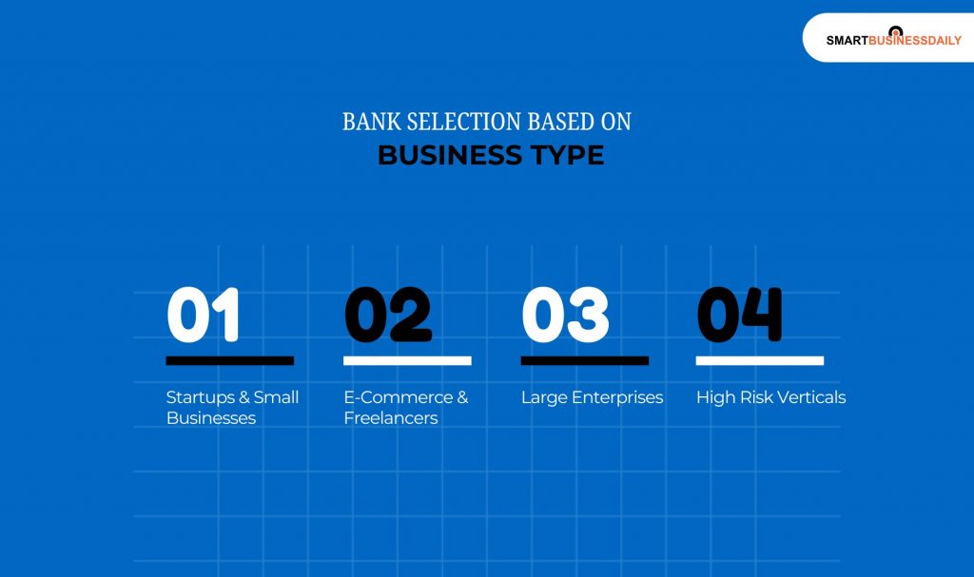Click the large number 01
(203, 315)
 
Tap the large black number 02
(387, 315)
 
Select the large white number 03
(565, 315)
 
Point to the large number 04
(739, 315)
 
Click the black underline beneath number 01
(229, 361)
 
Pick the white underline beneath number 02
(407, 361)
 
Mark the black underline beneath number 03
(584, 361)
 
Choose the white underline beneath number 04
(759, 361)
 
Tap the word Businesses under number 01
(211, 418)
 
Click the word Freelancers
(390, 418)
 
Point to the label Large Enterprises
(592, 397)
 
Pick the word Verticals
(812, 397)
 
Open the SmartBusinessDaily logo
(892, 39)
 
